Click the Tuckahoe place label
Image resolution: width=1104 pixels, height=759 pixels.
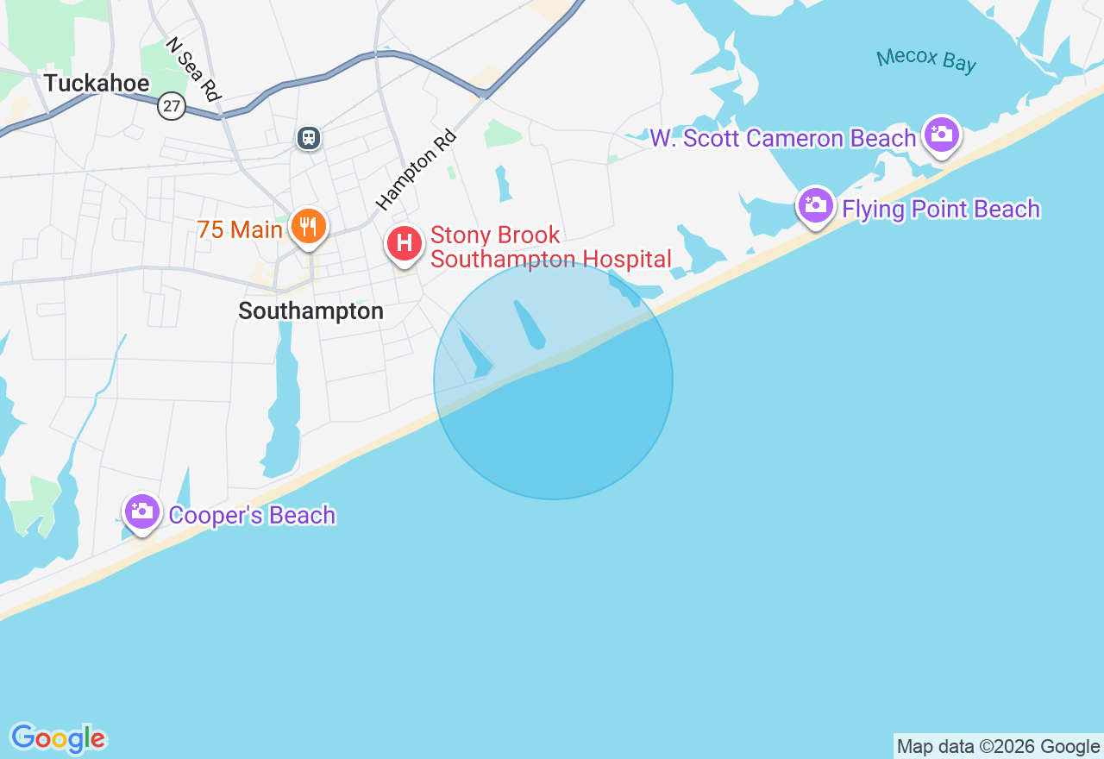coord(97,84)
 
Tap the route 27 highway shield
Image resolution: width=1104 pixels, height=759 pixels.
coord(172,107)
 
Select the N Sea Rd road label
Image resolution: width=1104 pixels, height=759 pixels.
coord(194,69)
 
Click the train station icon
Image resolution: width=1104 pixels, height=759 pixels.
coord(309,137)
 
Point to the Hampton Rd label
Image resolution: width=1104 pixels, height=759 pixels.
coord(416,170)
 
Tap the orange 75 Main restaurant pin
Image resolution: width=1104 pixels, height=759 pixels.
coord(308,227)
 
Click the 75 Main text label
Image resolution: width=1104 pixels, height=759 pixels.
coord(240,230)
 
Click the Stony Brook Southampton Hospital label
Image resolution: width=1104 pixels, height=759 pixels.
coord(550,247)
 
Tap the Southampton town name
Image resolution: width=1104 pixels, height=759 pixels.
coord(310,310)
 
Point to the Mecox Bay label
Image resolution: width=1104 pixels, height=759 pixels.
coord(926,60)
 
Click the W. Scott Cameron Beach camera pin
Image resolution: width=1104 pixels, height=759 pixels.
coord(941,135)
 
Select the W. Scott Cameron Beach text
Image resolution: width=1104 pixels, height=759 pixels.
coord(782,139)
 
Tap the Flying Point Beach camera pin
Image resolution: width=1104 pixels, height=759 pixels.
coord(815,205)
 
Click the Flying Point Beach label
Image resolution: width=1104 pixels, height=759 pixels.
coord(941,210)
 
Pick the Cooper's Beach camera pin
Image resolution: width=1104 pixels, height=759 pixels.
coord(142,512)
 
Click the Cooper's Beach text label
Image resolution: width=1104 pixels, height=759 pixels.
coord(252,516)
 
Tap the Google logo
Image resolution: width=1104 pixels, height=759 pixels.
coord(59,738)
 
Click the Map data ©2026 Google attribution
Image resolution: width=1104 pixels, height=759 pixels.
coord(998,746)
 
